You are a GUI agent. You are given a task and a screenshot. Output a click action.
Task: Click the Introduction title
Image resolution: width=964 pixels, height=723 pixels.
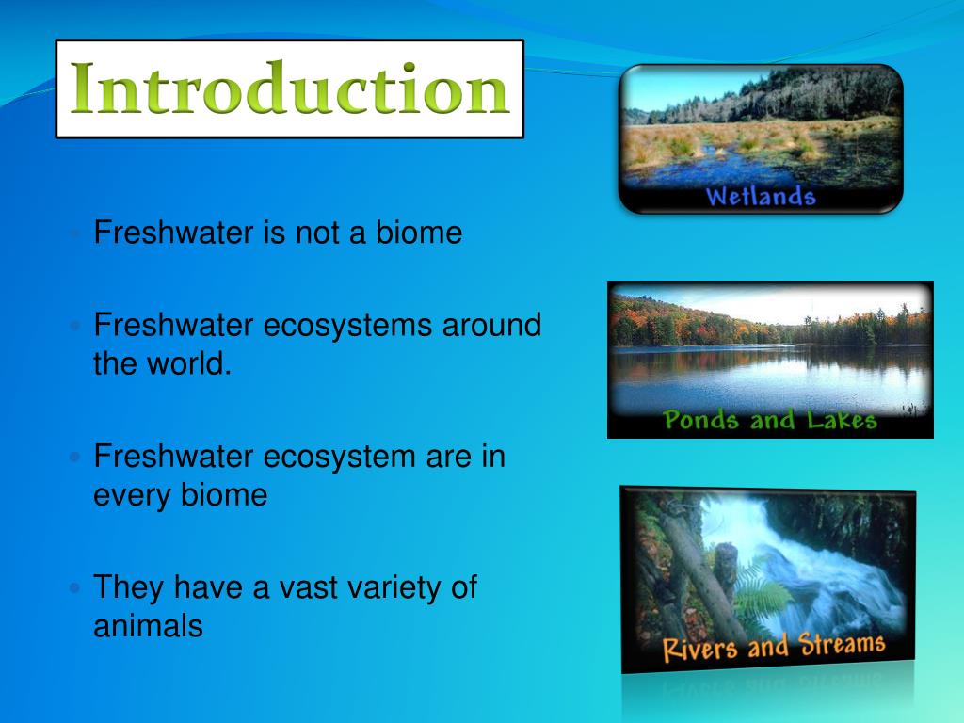[x=289, y=89]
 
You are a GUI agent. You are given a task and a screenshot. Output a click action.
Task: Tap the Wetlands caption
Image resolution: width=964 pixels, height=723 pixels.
[x=760, y=197]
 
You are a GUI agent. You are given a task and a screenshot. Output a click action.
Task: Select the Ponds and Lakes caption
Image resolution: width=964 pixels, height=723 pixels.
[x=770, y=420]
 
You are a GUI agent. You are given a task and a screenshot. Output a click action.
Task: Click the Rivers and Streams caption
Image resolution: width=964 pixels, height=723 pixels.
[x=773, y=647]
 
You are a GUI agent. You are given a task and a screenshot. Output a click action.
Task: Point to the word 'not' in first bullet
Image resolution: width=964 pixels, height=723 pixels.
[x=317, y=233]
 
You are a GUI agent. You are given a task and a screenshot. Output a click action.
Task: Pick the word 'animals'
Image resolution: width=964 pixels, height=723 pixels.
[x=148, y=625]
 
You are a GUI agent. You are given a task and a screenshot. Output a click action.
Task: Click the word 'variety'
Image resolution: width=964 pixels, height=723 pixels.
[x=382, y=587]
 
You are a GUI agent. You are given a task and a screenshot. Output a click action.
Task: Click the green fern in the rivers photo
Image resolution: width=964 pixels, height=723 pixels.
[x=753, y=588]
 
